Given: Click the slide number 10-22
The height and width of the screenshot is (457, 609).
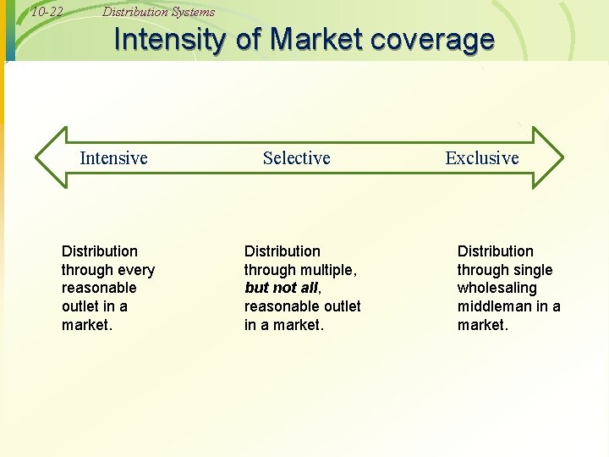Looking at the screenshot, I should (47, 12).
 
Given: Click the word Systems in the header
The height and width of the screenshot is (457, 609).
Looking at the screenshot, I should (193, 12).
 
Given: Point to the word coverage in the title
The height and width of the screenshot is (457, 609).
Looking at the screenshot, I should (436, 40).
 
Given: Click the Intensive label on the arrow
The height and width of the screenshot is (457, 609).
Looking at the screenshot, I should (113, 158).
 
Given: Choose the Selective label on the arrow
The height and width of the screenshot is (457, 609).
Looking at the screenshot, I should (296, 158).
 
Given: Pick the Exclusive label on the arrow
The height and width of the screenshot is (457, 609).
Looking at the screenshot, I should (482, 158).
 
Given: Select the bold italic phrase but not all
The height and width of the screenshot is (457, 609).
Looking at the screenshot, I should (280, 288).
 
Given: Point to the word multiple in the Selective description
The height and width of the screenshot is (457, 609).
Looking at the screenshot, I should (327, 270).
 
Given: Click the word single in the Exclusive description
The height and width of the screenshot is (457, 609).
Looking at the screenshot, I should (533, 270).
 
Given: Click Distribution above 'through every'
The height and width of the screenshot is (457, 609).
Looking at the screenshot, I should (100, 251).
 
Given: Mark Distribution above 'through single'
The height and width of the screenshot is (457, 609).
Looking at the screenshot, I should (496, 251).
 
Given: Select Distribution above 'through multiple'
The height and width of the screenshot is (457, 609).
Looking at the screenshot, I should (283, 251).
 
